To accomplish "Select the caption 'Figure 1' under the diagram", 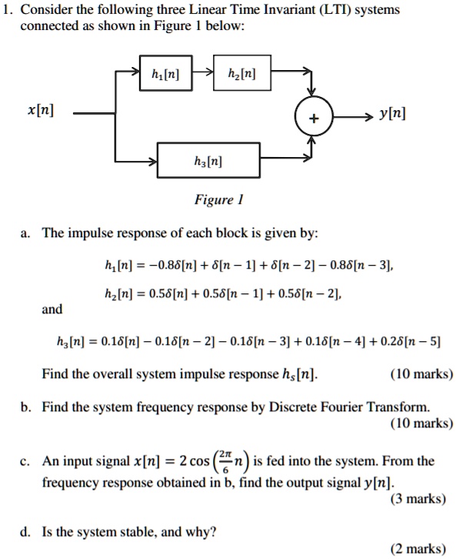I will tap(215, 200).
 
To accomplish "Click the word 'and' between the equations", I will tap(52, 308).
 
